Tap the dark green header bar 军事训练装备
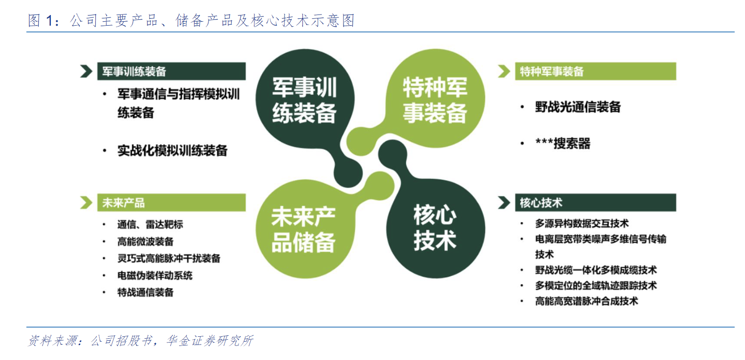(x=171, y=71)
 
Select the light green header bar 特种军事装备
(x=596, y=71)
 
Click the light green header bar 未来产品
(x=171, y=202)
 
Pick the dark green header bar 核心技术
(x=596, y=202)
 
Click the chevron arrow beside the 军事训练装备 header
(x=86, y=71)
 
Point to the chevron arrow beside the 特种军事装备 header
(x=504, y=71)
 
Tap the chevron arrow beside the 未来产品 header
(x=86, y=202)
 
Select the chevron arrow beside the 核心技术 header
(x=504, y=202)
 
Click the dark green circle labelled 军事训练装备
(x=305, y=99)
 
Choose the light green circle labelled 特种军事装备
(x=435, y=98)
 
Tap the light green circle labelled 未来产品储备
(x=305, y=229)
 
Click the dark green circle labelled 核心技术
(x=435, y=228)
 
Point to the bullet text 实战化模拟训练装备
(x=172, y=150)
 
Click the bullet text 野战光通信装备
(x=578, y=107)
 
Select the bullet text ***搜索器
(x=563, y=143)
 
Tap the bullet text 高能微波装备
(x=145, y=241)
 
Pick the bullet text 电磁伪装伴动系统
(x=155, y=275)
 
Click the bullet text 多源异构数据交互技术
(x=581, y=223)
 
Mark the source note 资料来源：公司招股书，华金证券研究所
(x=141, y=340)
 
